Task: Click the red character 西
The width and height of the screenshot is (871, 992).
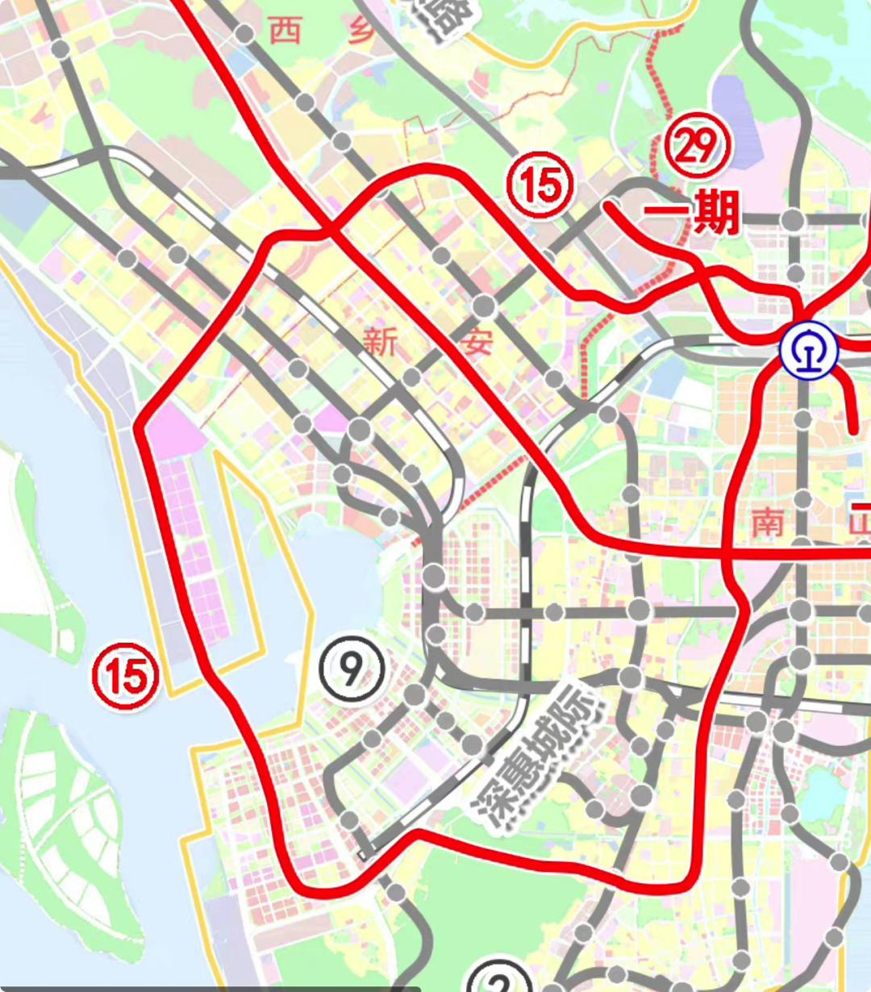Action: [285, 31]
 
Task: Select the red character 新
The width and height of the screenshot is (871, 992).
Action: [379, 342]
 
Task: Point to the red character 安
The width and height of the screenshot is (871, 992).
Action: [476, 342]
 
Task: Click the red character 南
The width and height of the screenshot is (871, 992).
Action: [767, 523]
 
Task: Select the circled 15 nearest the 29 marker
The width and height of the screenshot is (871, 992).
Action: [540, 185]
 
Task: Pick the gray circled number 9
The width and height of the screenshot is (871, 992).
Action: [352, 668]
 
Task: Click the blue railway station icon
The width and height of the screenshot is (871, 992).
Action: [809, 350]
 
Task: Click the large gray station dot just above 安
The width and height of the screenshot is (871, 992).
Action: [484, 306]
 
